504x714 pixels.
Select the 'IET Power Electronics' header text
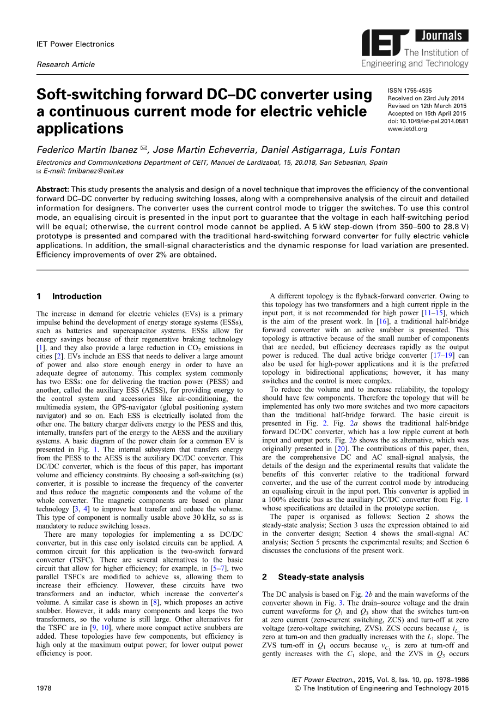(75, 44)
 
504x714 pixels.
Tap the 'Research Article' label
(65, 64)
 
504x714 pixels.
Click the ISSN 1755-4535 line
(410, 91)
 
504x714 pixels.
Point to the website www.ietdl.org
(408, 129)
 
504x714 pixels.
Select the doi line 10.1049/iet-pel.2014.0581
(428, 121)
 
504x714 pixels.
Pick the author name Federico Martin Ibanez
(87, 149)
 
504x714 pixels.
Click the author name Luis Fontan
(375, 149)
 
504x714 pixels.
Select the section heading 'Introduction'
(77, 297)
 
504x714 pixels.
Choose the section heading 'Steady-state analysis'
(321, 577)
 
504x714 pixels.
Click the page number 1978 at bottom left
(44, 688)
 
